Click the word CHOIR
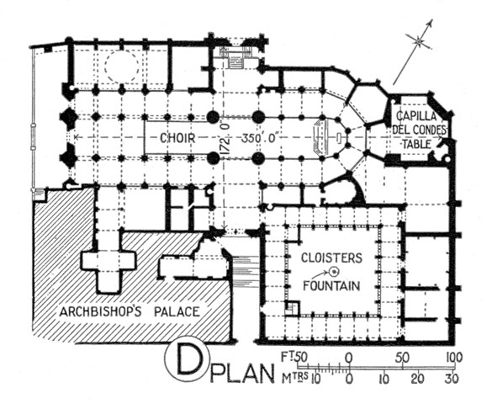click(177, 138)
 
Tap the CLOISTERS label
click(331, 258)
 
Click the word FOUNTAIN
click(331, 285)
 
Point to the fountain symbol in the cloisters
click(335, 270)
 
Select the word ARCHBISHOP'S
click(100, 312)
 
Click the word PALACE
click(177, 312)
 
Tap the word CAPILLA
click(416, 116)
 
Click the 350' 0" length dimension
click(260, 138)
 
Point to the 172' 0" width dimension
click(226, 138)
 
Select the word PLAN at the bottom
click(241, 373)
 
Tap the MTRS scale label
click(294, 379)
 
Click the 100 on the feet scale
click(453, 358)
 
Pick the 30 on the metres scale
click(452, 379)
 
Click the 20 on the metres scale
click(418, 379)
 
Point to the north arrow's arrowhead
click(431, 23)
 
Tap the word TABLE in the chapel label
click(416, 145)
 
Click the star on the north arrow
click(419, 41)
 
